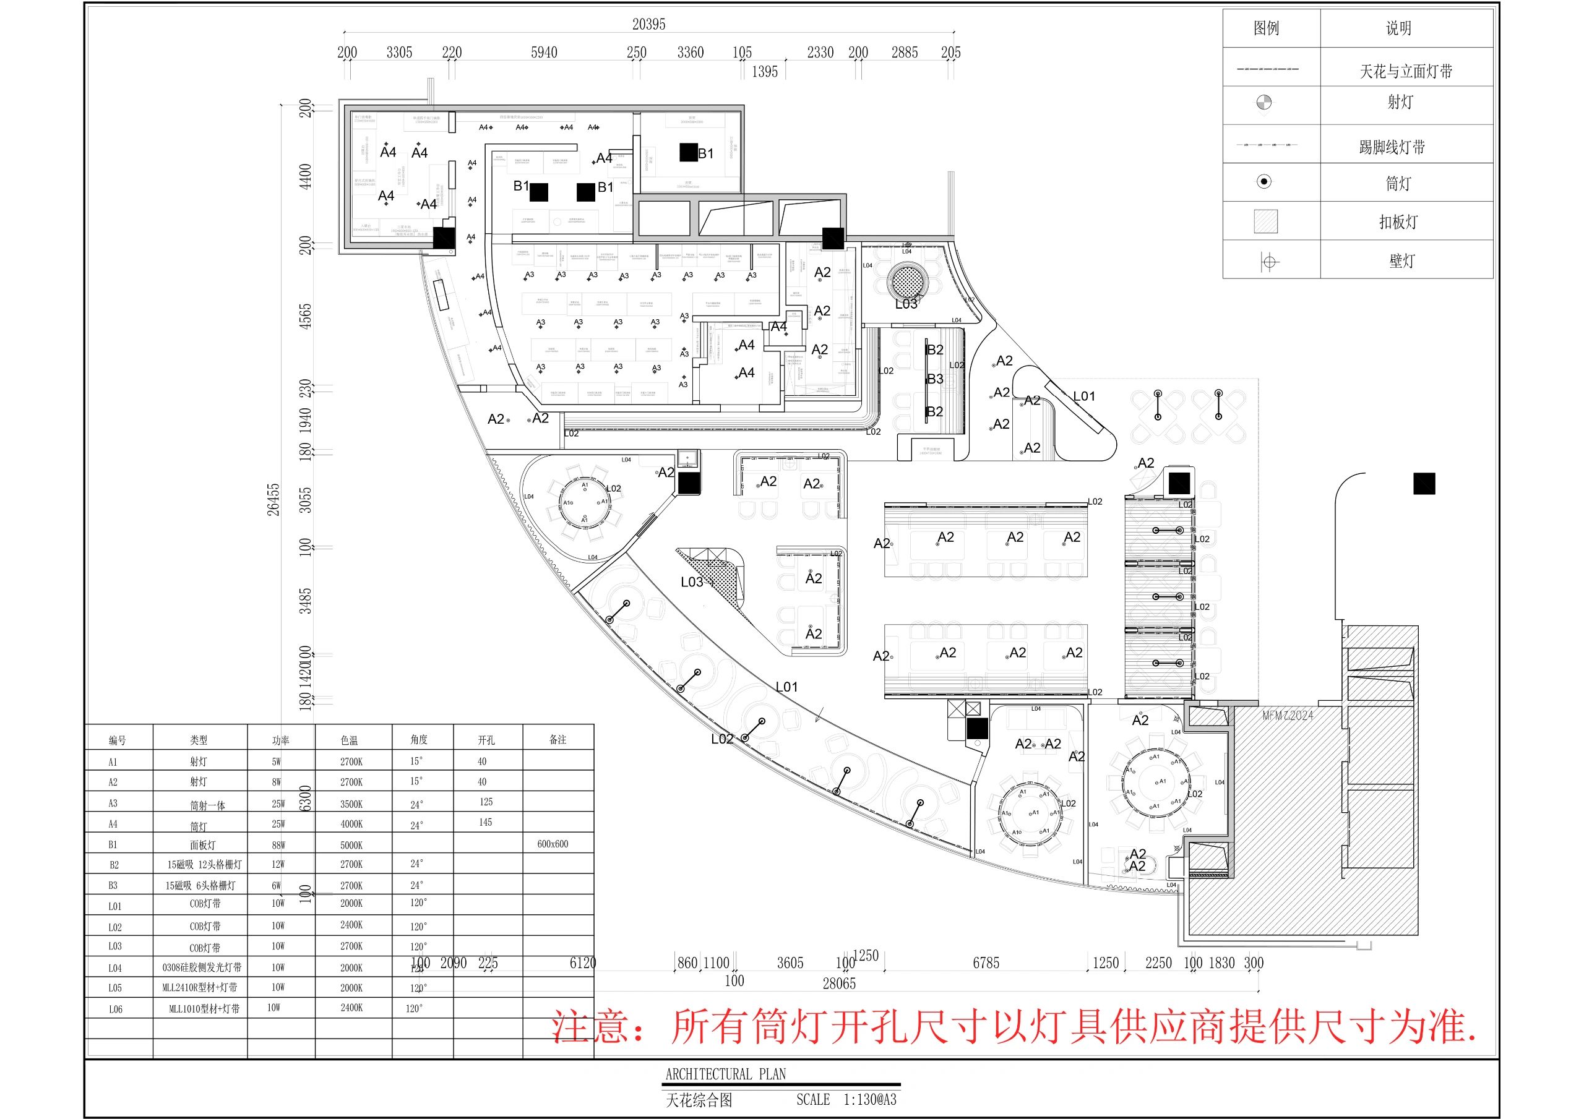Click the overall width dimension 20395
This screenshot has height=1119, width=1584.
[648, 25]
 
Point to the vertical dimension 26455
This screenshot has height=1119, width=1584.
[274, 499]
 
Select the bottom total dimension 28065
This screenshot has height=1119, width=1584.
[839, 984]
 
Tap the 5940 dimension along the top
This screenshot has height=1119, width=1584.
[544, 53]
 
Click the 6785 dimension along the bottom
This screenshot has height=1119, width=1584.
[986, 963]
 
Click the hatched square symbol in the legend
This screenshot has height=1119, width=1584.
[1265, 221]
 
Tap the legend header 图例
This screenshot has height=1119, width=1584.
[1266, 28]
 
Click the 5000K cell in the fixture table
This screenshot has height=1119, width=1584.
[351, 845]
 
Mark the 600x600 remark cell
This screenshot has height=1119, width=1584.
[553, 844]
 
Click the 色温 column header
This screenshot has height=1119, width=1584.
[349, 740]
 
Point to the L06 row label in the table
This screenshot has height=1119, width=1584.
[115, 1010]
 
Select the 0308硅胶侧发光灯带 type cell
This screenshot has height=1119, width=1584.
[202, 968]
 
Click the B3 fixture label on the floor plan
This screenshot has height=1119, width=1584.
[935, 379]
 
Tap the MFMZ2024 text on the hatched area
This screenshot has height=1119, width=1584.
[1288, 716]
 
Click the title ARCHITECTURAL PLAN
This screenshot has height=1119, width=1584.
[725, 1073]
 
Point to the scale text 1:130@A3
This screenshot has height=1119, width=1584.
[870, 1100]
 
